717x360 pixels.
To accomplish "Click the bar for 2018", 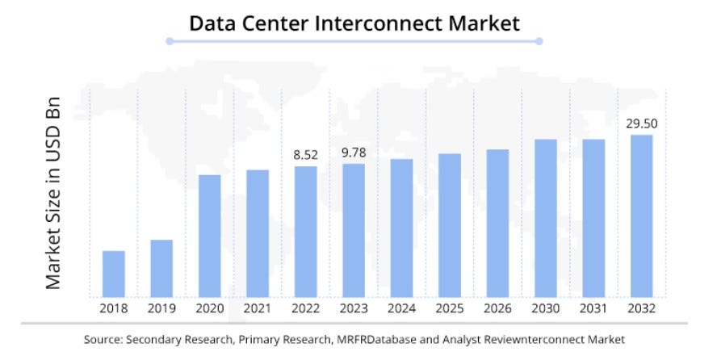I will (114, 274).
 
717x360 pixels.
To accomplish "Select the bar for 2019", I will (161, 268).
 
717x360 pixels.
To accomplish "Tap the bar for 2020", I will (209, 236).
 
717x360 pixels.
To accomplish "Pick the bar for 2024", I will (401, 228).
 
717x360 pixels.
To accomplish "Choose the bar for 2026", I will (497, 223).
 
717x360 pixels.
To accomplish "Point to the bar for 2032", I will (641, 216).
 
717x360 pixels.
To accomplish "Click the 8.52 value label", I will (305, 154).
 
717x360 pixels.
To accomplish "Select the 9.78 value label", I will (353, 152).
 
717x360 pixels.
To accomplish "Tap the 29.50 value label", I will (641, 123).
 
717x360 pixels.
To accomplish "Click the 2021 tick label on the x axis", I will (258, 308).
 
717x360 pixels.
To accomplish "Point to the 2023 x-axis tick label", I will (353, 308).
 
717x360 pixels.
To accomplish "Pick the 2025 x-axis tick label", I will (450, 308).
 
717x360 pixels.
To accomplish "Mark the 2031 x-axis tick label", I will (593, 308).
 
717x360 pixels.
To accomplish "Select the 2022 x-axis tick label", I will (305, 308).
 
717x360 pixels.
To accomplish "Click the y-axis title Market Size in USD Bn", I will (53, 194).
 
